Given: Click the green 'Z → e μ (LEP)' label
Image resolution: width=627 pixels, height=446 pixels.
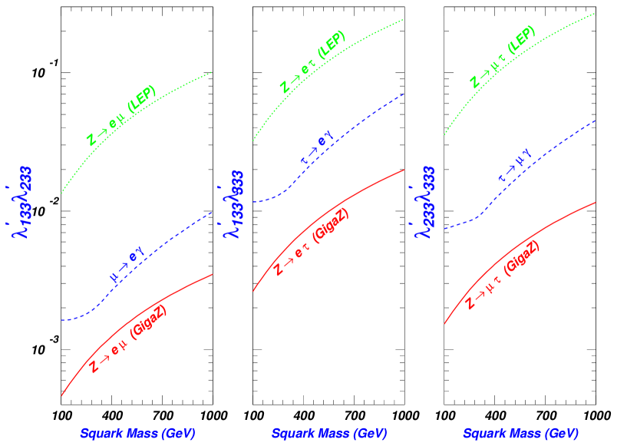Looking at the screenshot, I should tap(121, 116).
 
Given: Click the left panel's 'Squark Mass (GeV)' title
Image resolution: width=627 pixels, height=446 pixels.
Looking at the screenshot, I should tap(137, 434).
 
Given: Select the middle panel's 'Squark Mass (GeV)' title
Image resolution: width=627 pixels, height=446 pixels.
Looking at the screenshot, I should tap(328, 434).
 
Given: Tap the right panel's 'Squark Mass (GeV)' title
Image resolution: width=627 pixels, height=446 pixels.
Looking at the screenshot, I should tap(520, 434).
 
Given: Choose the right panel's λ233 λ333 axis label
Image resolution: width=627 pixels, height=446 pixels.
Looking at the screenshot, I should tap(424, 201).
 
